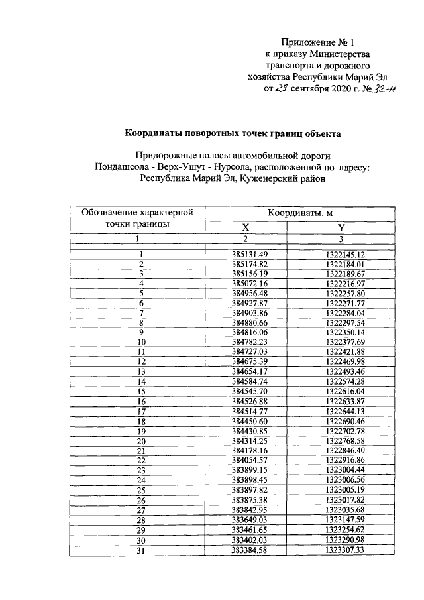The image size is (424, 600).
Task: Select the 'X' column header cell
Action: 245,227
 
